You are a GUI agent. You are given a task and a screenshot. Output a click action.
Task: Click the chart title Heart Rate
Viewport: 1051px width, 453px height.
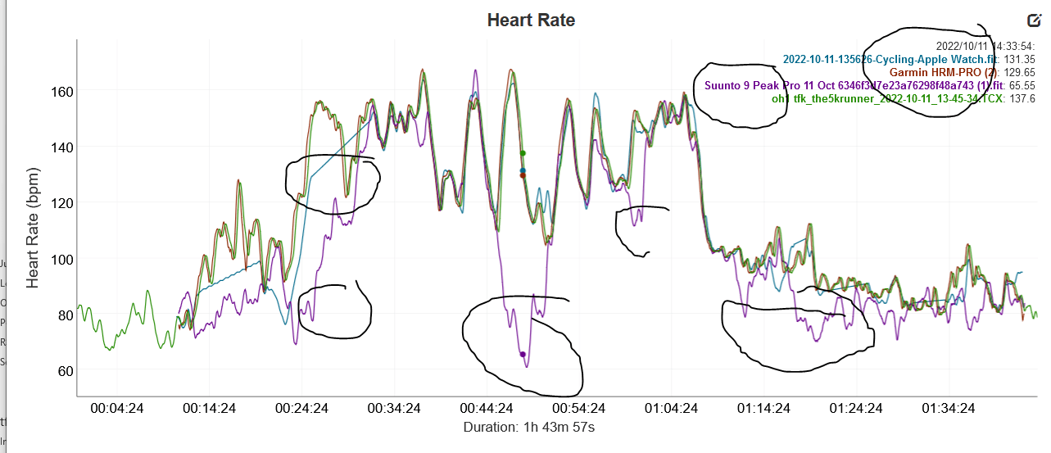pos(531,20)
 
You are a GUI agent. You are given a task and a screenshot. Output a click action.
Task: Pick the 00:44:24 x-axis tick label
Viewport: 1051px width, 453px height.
pos(488,408)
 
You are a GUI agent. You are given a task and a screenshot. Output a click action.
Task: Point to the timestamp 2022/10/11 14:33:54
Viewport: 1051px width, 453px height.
pos(985,46)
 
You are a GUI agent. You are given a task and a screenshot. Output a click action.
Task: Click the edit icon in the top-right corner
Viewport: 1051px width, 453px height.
pos(1033,21)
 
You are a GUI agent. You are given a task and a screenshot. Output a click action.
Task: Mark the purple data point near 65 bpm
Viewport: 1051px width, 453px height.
pos(523,354)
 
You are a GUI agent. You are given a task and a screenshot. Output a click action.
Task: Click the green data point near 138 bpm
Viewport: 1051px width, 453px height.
pos(523,153)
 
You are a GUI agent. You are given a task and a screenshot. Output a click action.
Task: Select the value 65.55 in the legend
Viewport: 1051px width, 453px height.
pos(1021,85)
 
